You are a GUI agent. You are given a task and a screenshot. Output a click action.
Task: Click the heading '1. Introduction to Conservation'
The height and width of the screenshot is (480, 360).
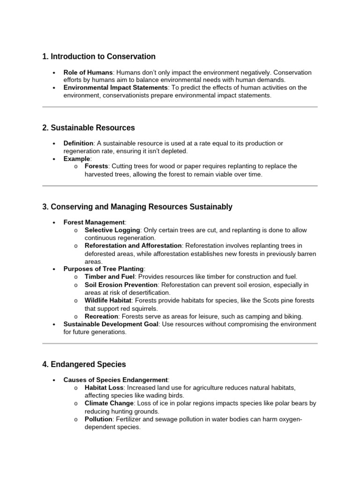click(98, 57)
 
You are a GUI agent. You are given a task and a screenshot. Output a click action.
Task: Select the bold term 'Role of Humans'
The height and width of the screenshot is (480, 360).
click(88, 73)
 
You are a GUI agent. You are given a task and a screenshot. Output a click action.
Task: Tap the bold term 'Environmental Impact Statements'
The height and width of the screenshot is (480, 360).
click(115, 88)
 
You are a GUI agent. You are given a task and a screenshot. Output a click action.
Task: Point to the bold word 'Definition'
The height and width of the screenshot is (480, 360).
click(79, 143)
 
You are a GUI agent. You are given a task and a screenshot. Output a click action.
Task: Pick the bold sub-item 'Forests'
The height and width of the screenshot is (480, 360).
click(96, 166)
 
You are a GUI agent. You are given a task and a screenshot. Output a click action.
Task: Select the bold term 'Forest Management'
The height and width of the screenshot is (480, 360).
click(94, 223)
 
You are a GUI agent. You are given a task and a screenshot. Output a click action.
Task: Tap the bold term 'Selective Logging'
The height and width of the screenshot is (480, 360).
click(112, 230)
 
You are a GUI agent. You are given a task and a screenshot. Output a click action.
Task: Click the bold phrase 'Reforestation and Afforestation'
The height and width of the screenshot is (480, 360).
click(133, 246)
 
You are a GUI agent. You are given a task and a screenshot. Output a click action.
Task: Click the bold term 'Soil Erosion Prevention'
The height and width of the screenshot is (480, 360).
click(121, 285)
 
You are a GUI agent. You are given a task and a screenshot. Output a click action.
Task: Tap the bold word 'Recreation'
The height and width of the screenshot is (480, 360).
click(101, 316)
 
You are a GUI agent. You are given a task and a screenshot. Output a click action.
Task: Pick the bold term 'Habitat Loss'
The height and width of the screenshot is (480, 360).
click(103, 388)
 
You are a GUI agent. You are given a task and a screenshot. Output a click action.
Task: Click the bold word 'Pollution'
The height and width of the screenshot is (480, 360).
click(98, 420)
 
